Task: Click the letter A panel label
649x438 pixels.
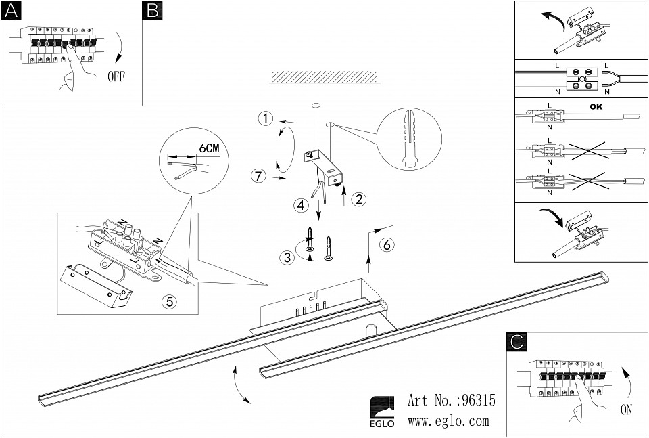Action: [x=10, y=10]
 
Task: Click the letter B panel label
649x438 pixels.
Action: [x=152, y=10]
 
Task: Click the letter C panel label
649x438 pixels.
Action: [x=516, y=342]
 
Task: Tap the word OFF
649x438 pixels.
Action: [x=116, y=76]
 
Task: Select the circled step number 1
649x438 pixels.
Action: [x=266, y=120]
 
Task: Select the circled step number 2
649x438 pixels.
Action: [x=360, y=199]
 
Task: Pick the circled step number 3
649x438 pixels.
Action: [x=288, y=257]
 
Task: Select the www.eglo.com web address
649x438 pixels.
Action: [x=448, y=421]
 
